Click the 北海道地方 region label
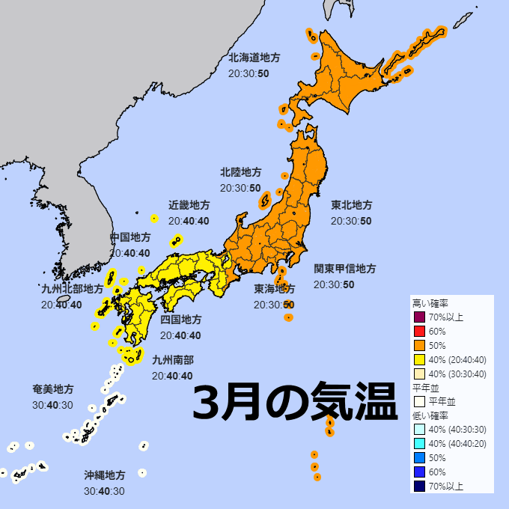tap(254, 58)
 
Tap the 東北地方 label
tap(352, 205)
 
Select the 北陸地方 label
tap(241, 172)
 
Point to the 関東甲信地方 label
tap(345, 269)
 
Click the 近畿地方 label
tap(189, 205)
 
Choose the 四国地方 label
tap(181, 320)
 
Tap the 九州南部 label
tap(172, 360)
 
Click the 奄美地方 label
tap(53, 390)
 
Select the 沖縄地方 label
tap(105, 475)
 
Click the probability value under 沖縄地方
tap(105, 491)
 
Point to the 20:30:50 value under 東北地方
tap(351, 221)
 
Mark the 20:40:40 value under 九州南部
tap(172, 376)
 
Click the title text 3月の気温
tap(295, 404)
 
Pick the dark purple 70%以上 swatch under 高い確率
tap(419, 317)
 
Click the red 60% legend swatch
tap(419, 332)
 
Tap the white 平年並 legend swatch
tap(419, 402)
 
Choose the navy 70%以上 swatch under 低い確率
tap(419, 487)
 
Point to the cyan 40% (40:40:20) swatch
tap(419, 444)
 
